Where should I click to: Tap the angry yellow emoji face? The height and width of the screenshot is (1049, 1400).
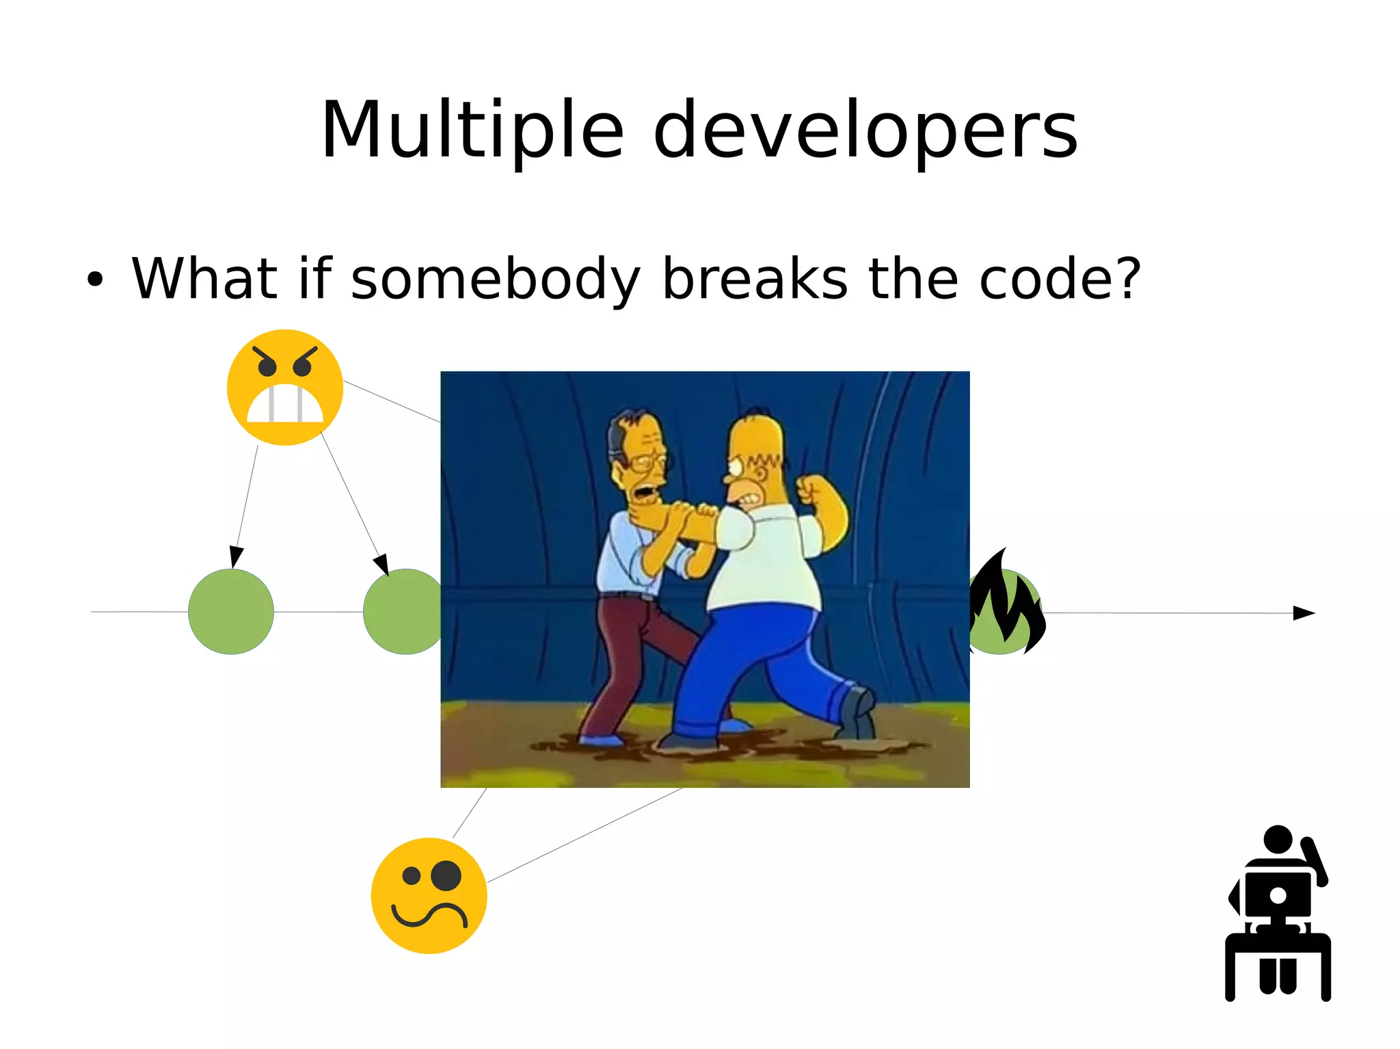pyautogui.click(x=285, y=387)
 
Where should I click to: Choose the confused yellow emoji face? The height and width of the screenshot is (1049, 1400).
pyautogui.click(x=429, y=895)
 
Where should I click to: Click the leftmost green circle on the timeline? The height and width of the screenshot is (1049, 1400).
pyautogui.click(x=231, y=612)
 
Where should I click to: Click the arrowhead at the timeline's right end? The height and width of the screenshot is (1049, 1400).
pyautogui.click(x=1304, y=613)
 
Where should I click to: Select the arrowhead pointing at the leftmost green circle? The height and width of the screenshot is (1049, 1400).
pyautogui.click(x=236, y=556)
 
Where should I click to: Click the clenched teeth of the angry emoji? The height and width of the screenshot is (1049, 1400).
pyautogui.click(x=285, y=405)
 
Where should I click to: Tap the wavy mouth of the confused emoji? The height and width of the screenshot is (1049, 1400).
pyautogui.click(x=429, y=914)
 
